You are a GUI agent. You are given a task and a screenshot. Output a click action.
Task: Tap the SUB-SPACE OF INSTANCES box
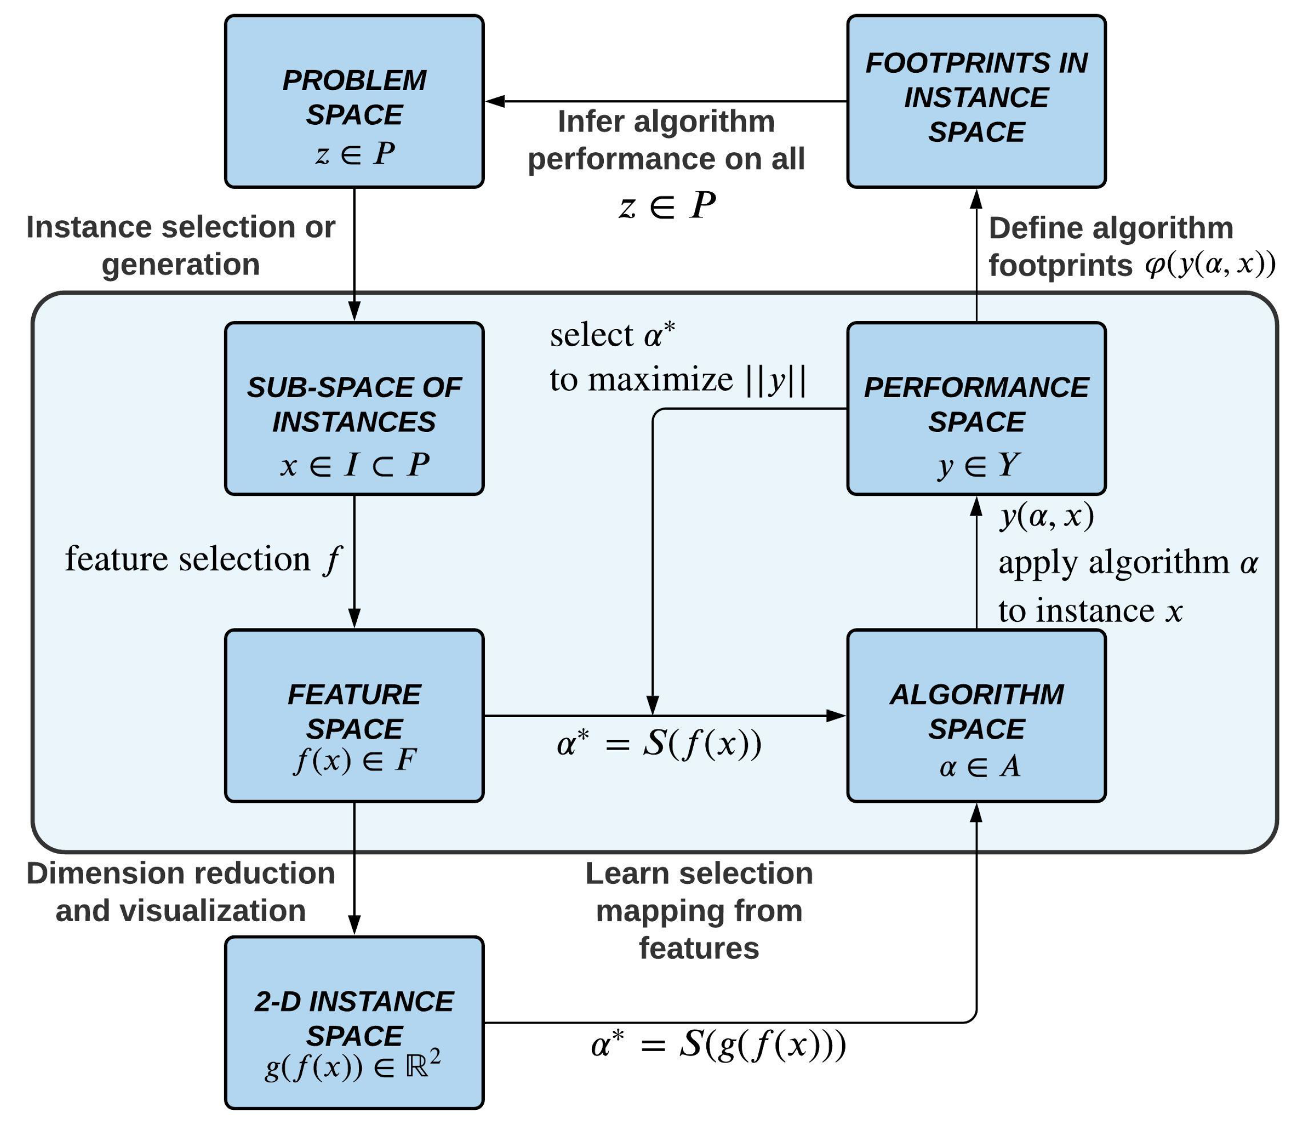354,409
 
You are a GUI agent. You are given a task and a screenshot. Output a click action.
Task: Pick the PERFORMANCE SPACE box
975,409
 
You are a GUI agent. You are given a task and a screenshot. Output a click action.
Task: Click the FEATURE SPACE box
354,715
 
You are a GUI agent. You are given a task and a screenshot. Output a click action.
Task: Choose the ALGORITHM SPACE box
975,715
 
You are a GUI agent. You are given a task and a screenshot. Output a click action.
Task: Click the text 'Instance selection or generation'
180,245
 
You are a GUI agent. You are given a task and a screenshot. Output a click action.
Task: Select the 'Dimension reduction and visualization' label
180,891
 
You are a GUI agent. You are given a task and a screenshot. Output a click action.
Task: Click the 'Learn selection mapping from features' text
698,910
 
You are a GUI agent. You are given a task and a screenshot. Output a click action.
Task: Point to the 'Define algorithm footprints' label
1110,246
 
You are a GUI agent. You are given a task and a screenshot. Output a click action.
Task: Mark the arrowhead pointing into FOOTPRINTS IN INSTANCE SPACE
976,199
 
